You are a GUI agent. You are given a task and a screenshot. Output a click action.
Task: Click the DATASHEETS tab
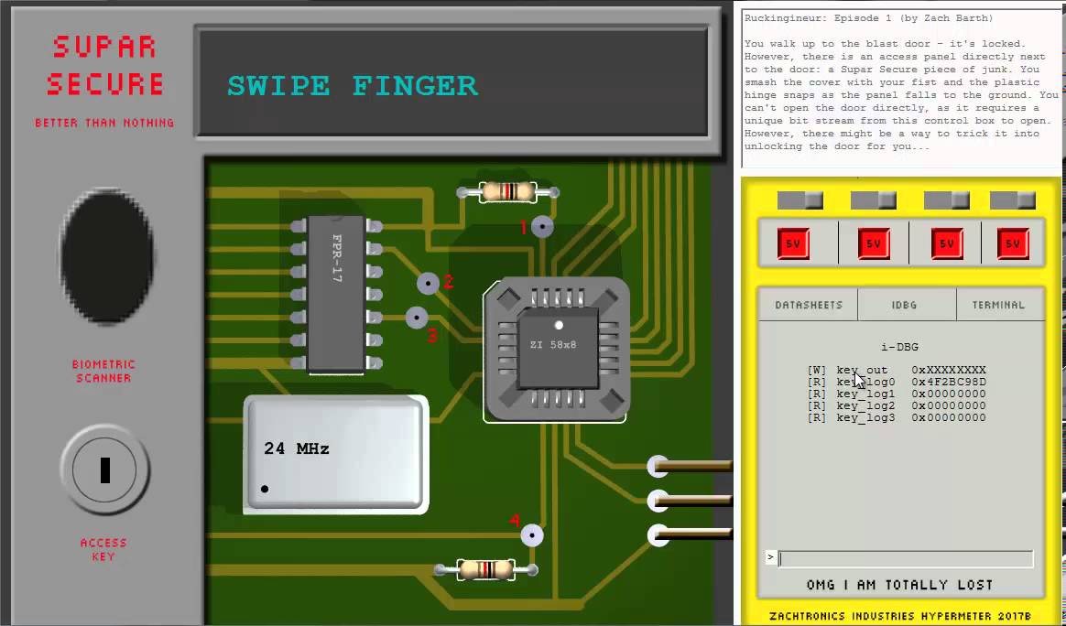pos(808,305)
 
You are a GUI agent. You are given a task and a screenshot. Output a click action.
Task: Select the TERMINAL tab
pos(999,305)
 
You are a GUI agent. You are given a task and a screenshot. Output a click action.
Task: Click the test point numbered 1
pos(542,226)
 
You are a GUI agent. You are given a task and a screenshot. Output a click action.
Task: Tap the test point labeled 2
pos(429,283)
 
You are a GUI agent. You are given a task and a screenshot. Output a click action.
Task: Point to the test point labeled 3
pos(417,318)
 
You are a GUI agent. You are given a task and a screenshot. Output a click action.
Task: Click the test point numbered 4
pos(532,535)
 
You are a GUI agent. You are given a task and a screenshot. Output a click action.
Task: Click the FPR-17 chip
pos(336,294)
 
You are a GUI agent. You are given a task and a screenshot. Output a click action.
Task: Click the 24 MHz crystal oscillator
pos(336,453)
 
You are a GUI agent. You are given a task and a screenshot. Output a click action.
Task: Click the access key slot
pos(104,469)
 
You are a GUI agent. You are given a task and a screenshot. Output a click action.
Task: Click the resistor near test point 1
pos(508,192)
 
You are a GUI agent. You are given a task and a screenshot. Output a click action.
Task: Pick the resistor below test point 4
pos(486,569)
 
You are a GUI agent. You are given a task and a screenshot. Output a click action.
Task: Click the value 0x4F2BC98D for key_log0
pos(949,382)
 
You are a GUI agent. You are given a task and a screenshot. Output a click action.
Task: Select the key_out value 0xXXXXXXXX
pos(949,370)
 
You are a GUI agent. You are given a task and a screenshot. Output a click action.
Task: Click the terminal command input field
pos(906,558)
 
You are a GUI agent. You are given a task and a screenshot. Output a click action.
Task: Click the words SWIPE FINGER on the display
pos(353,86)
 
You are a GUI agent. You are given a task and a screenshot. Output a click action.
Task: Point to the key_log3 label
pos(866,417)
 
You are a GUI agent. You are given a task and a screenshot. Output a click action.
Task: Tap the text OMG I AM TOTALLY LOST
pos(899,585)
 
